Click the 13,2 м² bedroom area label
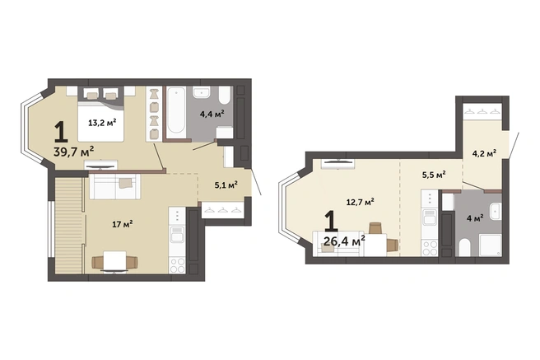[x=102, y=122]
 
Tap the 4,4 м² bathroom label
[x=212, y=114]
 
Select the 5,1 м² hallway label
[x=226, y=185]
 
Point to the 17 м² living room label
[x=123, y=224]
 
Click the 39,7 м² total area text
[x=74, y=151]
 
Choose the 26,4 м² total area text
[x=344, y=241]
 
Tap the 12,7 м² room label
[x=361, y=202]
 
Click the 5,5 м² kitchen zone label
[x=435, y=175]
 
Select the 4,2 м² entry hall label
[x=484, y=153]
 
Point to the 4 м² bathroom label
[x=475, y=218]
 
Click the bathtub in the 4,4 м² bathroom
[x=176, y=111]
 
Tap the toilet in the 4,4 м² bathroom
[x=225, y=95]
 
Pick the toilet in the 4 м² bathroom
[x=464, y=247]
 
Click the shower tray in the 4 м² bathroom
[x=491, y=245]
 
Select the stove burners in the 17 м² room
[x=177, y=265]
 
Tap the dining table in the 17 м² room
[x=114, y=261]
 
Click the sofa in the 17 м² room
[x=114, y=186]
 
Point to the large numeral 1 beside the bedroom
[x=61, y=133]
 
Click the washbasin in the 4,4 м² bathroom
[x=202, y=92]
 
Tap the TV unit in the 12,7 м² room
[x=337, y=164]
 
